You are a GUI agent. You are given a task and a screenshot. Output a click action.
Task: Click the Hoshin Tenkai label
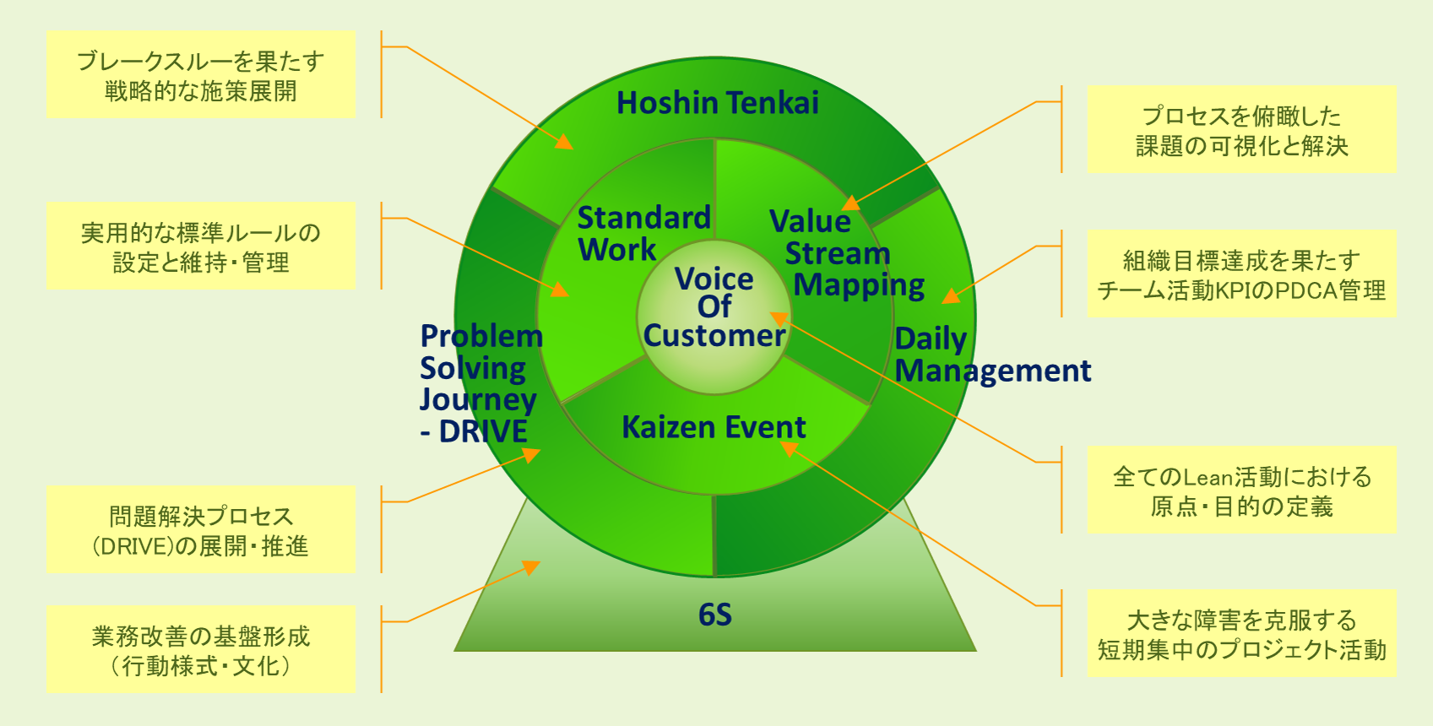[717, 103]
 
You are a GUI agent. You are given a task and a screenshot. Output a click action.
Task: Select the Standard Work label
[643, 234]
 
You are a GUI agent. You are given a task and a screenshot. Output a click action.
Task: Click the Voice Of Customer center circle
[714, 307]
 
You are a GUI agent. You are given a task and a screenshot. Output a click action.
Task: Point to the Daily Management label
[992, 355]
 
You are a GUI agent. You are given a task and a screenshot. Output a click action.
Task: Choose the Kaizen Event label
[714, 427]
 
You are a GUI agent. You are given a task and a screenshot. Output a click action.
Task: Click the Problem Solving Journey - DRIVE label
[480, 383]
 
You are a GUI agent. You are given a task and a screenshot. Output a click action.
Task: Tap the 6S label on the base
[715, 615]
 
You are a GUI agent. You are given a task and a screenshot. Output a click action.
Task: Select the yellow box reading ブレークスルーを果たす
[201, 74]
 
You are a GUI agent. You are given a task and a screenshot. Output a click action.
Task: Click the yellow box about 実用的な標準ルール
[201, 247]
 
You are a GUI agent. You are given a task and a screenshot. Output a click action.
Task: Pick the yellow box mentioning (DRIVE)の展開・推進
[201, 530]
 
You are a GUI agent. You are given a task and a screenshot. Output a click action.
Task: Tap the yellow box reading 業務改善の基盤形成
[201, 650]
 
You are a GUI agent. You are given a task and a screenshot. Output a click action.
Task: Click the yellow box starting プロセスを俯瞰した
[1241, 130]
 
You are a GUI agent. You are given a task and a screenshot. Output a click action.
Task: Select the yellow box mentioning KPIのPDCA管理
[1241, 274]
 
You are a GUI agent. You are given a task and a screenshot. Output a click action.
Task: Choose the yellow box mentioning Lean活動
[1241, 490]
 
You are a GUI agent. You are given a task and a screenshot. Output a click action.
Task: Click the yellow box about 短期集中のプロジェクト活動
[1241, 634]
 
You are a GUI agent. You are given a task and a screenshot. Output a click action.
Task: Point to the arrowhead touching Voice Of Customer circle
[778, 318]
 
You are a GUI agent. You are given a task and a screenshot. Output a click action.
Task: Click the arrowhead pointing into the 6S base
[532, 566]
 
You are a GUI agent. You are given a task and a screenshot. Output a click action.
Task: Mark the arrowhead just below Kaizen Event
[787, 447]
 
